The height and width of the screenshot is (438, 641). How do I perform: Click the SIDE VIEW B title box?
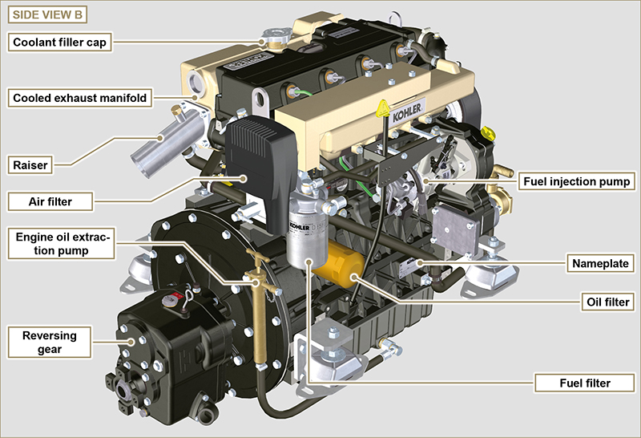point(47,14)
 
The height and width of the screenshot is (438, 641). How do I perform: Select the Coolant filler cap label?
point(59,43)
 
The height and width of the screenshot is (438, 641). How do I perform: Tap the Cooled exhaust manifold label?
point(79,98)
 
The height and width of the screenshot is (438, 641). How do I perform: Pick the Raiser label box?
point(30,165)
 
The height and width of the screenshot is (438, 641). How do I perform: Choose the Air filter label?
point(50,201)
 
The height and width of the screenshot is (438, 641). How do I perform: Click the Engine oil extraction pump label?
point(62,244)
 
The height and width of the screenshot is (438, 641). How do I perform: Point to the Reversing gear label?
point(50,343)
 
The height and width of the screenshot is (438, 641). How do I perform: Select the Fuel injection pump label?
point(576,181)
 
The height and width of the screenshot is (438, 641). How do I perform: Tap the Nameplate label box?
point(600,263)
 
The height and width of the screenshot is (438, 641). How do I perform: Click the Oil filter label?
point(608,302)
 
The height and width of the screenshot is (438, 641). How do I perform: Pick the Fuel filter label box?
point(585,383)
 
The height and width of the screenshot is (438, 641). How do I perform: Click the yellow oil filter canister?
point(339,264)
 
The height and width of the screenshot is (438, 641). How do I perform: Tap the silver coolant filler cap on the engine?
point(276,36)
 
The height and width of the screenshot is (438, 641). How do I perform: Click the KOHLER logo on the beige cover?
point(407,112)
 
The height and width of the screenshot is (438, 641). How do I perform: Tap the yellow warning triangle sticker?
point(383,108)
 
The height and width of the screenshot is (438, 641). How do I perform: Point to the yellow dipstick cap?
point(488,133)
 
